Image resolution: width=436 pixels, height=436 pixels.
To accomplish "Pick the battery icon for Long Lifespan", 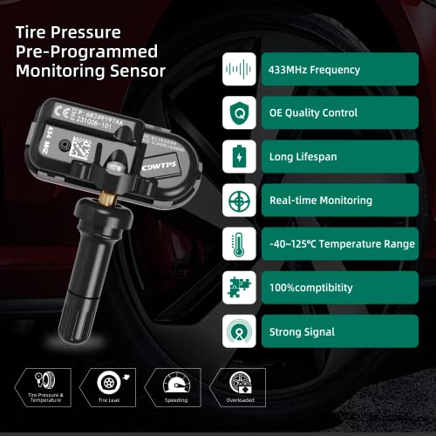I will pos(238,157).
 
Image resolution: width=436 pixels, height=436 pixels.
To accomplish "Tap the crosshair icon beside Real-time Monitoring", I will pos(238,201).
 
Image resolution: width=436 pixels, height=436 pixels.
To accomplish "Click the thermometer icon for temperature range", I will pos(238,244).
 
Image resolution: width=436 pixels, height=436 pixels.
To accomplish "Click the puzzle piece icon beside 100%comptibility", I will pos(238,288).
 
